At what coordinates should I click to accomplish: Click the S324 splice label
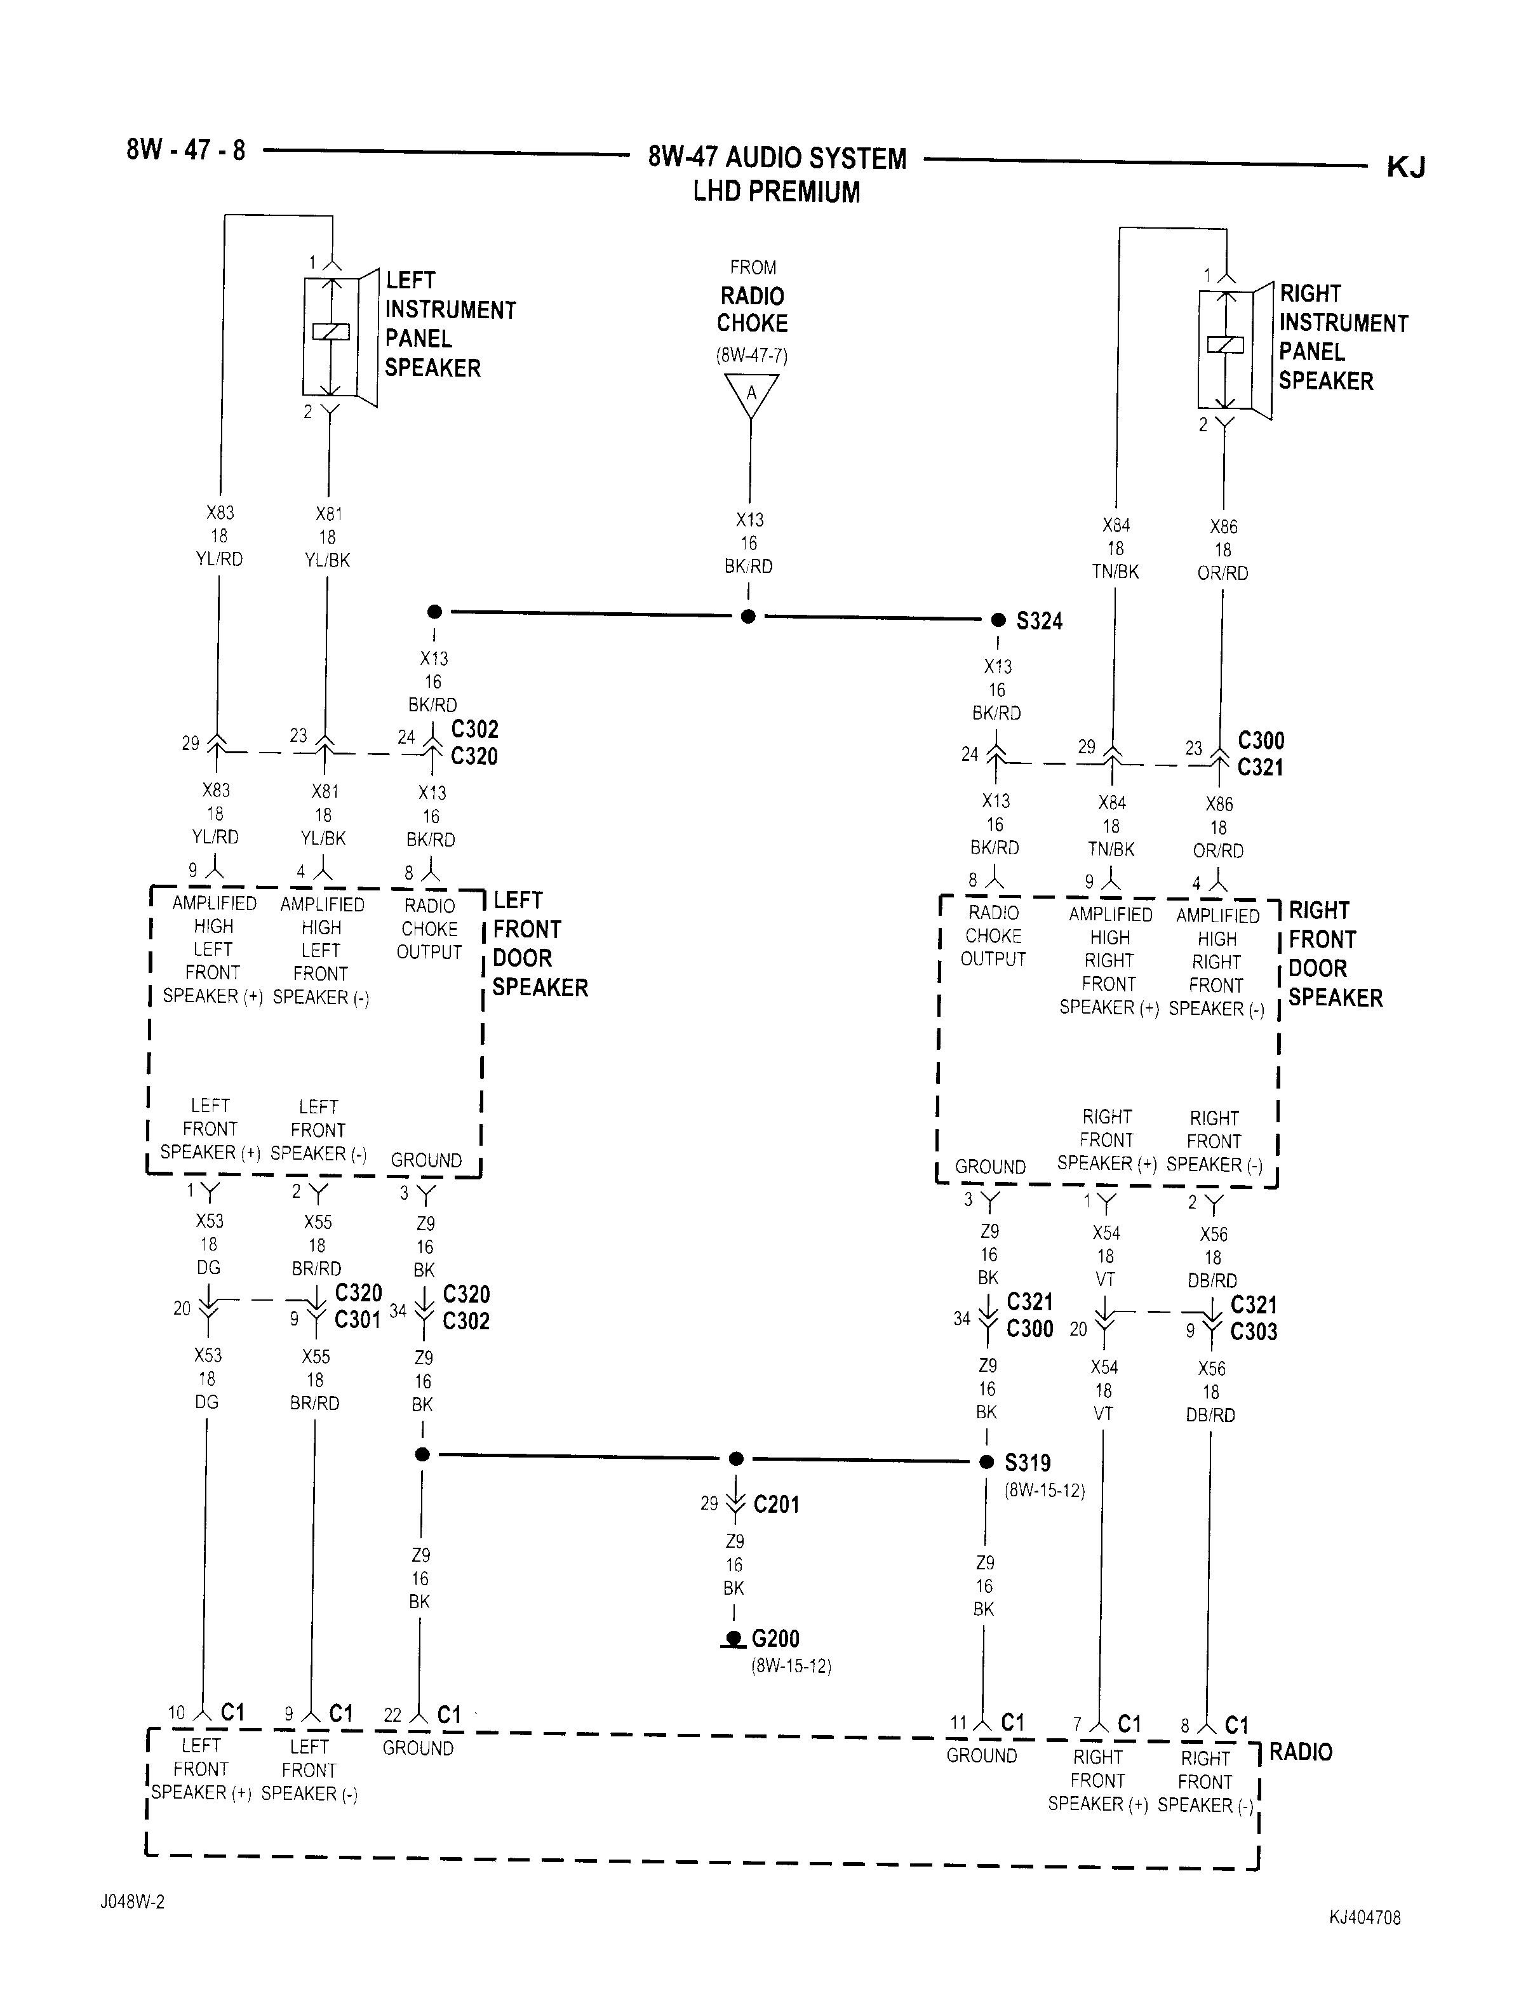(x=1040, y=621)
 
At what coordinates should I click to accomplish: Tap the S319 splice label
(x=1028, y=1463)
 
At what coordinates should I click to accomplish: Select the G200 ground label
(x=775, y=1639)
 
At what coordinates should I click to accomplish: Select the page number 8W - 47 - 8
(x=185, y=149)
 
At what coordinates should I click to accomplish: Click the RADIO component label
(x=1301, y=1752)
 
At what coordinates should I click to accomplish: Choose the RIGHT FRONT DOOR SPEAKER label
(x=1335, y=954)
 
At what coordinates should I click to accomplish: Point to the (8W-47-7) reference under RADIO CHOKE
(x=751, y=355)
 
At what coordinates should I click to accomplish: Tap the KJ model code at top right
(x=1406, y=168)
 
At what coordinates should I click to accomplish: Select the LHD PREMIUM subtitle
(x=777, y=192)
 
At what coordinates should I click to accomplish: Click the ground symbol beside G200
(x=732, y=1640)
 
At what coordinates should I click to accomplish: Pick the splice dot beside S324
(x=998, y=620)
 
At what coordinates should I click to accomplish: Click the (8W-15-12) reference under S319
(x=1045, y=1491)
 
